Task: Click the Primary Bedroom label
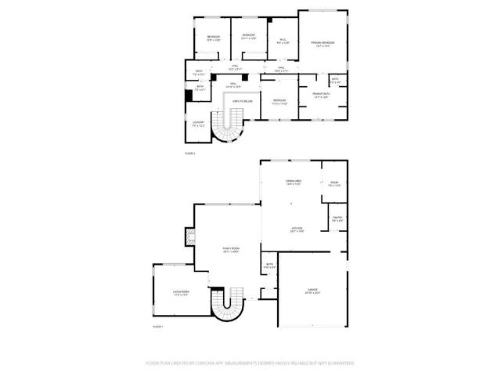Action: [x=323, y=42]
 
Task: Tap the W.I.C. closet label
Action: [x=283, y=42]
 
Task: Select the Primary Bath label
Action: [x=320, y=94]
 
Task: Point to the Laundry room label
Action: [x=199, y=123]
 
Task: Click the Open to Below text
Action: [x=242, y=101]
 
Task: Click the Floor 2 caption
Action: [x=189, y=154]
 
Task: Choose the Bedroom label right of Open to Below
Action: [x=279, y=101]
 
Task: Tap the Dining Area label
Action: [x=294, y=182]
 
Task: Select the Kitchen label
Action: [x=297, y=230]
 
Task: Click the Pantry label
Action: [x=337, y=219]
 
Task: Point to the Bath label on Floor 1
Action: [x=269, y=266]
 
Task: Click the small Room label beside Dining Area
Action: [x=333, y=182]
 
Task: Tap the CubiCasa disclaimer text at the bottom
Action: [x=250, y=363]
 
